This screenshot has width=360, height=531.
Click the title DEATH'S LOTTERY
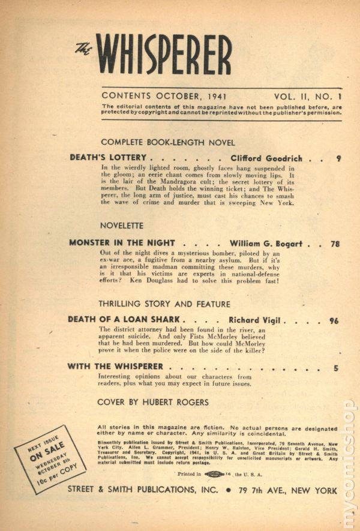(x=108, y=158)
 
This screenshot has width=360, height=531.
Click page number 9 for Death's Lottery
(x=339, y=159)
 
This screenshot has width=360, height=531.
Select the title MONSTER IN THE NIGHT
(x=122, y=243)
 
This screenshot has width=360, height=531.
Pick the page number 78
(x=335, y=244)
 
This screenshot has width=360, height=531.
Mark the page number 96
(x=334, y=321)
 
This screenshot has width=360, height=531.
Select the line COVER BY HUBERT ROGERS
(x=153, y=402)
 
